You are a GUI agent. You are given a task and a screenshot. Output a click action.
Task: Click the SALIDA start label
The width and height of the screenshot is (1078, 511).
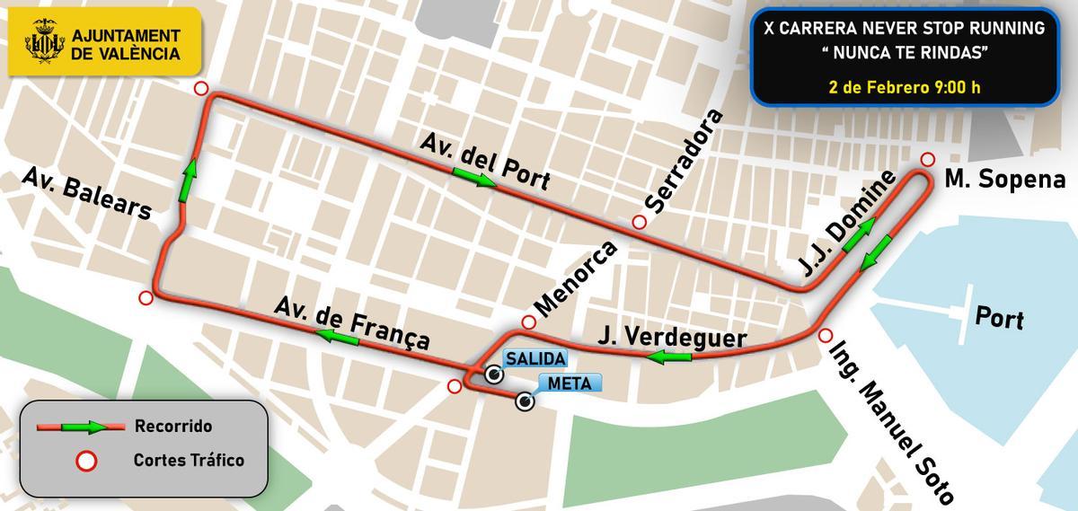click(x=535, y=358)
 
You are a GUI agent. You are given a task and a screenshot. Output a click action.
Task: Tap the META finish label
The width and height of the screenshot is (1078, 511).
click(x=569, y=383)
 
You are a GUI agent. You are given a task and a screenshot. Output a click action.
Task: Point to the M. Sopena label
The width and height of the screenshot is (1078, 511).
click(x=1004, y=179)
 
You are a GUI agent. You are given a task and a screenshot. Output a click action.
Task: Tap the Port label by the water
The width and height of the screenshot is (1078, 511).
click(x=999, y=319)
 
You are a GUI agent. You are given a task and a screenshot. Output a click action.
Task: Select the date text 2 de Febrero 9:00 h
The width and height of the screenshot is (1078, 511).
click(x=904, y=88)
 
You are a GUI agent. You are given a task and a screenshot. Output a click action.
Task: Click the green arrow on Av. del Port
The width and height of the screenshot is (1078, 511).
click(x=473, y=180)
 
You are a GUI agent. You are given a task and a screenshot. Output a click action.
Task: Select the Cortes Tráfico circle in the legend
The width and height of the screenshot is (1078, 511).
click(x=87, y=461)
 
